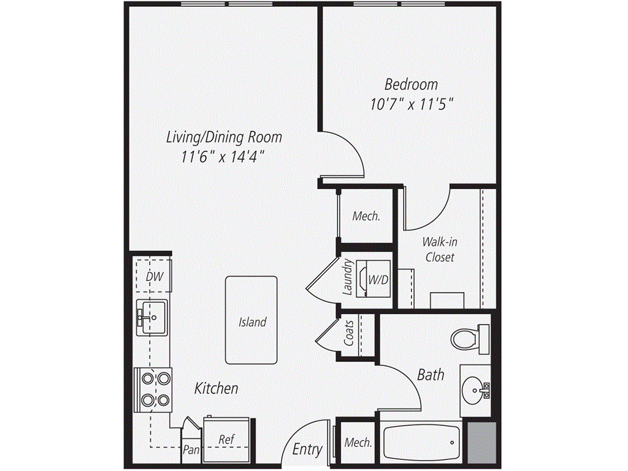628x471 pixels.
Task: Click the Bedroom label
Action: (x=411, y=84)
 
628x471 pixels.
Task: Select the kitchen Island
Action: (x=252, y=321)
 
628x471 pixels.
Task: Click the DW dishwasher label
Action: (x=154, y=277)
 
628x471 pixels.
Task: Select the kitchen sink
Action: (x=151, y=317)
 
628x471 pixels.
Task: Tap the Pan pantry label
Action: (x=190, y=449)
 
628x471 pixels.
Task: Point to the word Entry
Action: (x=307, y=449)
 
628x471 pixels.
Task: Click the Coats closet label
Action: (x=349, y=332)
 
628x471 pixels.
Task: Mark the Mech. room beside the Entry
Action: (x=358, y=442)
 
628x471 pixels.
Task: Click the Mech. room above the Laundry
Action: (x=366, y=216)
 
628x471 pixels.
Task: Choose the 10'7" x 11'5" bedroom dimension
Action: (x=411, y=104)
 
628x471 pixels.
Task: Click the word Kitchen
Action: (x=216, y=388)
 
